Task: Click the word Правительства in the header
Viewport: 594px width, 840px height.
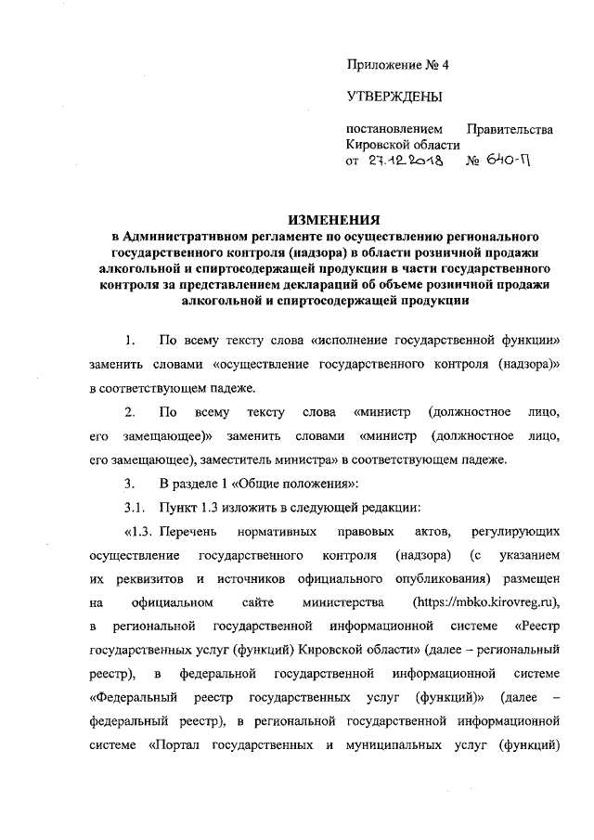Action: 510,128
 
